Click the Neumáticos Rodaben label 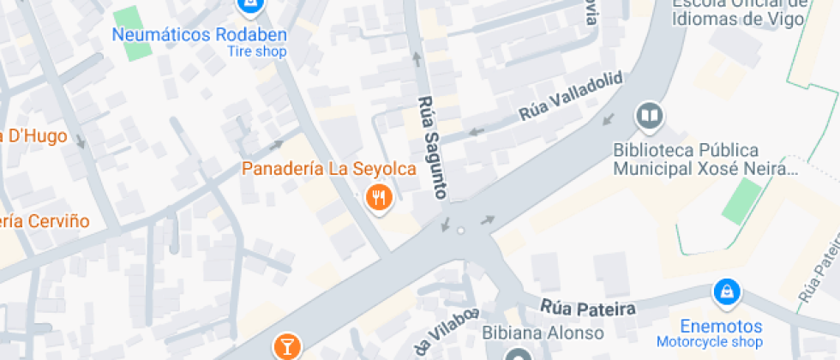tap(200, 35)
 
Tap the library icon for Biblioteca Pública tap(649, 116)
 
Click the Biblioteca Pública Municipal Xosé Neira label tap(705, 159)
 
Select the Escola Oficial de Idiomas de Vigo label tap(739, 12)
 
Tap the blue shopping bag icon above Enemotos tap(726, 293)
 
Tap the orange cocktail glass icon tap(286, 346)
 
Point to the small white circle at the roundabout tap(461, 231)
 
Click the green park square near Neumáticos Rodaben tap(132, 33)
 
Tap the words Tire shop tap(256, 51)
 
